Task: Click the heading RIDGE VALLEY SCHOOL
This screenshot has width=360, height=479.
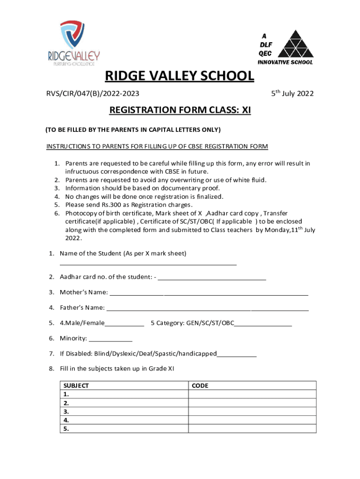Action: [x=180, y=76]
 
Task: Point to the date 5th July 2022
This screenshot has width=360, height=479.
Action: [x=292, y=94]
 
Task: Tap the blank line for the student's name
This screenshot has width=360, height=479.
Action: [x=148, y=264]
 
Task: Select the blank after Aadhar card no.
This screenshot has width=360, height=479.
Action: [x=212, y=279]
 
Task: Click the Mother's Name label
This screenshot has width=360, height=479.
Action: [x=84, y=293]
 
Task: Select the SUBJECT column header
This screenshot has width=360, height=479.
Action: [x=76, y=386]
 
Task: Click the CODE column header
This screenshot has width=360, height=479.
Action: [x=200, y=386]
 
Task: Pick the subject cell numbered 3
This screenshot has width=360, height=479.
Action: [x=124, y=412]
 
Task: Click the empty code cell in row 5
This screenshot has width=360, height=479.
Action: [x=252, y=428]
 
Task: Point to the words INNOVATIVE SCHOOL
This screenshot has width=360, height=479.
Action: [x=285, y=62]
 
